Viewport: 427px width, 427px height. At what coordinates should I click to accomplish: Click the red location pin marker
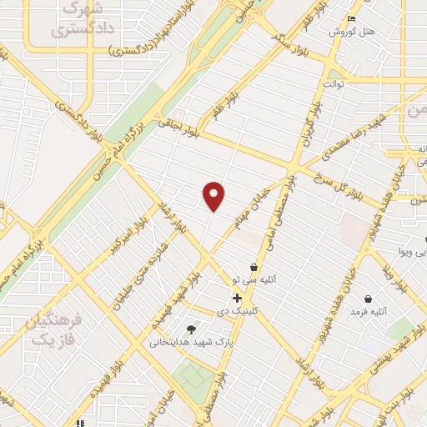[214, 195]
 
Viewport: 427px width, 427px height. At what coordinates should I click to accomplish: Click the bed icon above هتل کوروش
[351, 19]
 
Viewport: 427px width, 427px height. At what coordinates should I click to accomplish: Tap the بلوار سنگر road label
[297, 48]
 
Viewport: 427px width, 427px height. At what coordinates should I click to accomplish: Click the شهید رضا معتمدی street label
[364, 126]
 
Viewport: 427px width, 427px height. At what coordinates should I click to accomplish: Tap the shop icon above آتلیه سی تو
[254, 268]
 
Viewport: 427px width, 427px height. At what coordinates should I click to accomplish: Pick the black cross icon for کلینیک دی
[238, 298]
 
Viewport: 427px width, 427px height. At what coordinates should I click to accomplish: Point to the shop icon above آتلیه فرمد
[369, 299]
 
